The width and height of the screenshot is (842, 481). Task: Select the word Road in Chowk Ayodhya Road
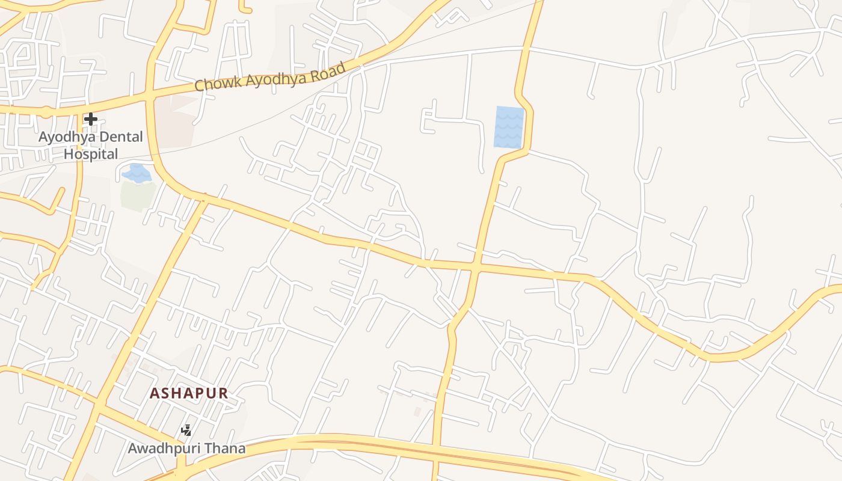pyautogui.click(x=330, y=70)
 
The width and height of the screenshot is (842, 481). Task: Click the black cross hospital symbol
pyautogui.click(x=91, y=119)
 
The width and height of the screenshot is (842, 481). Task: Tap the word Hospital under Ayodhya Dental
pyautogui.click(x=91, y=154)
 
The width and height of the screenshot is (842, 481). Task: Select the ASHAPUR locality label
pyautogui.click(x=189, y=393)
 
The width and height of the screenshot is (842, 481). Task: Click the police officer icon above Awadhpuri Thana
pyautogui.click(x=187, y=430)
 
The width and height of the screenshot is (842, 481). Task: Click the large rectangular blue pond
pyautogui.click(x=509, y=127)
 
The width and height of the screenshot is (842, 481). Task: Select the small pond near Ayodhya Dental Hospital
pyautogui.click(x=137, y=174)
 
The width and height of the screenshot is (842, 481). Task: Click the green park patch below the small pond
pyautogui.click(x=138, y=195)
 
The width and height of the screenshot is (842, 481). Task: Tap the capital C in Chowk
pyautogui.click(x=200, y=85)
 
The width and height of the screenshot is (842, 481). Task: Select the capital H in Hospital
pyautogui.click(x=69, y=154)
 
